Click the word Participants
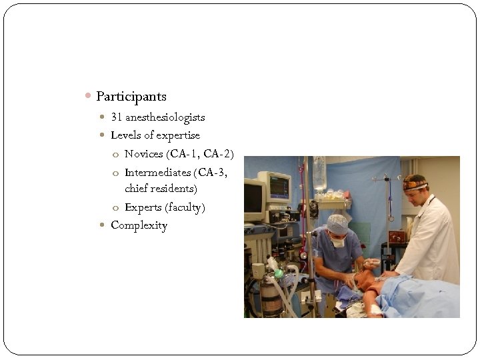point(131,97)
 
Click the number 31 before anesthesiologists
point(117,117)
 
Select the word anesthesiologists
point(165,117)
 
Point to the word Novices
point(144,154)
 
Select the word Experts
point(143,207)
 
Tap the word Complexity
point(139,225)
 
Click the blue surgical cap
point(337,224)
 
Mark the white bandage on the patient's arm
point(375,309)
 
